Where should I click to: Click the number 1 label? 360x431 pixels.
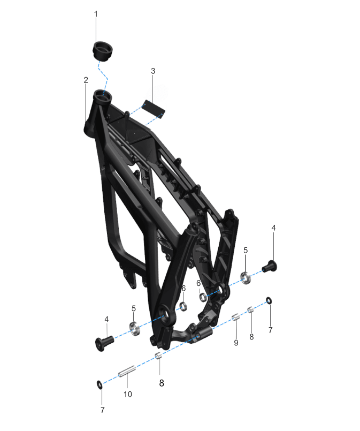[96, 14]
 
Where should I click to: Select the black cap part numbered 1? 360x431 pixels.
[102, 51]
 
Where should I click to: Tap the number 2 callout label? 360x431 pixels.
[86, 80]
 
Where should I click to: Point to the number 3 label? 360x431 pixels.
[153, 71]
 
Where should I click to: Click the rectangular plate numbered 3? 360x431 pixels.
[153, 109]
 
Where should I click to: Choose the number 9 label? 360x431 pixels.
[236, 343]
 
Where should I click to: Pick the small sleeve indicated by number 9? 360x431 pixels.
[236, 317]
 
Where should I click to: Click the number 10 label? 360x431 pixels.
[128, 394]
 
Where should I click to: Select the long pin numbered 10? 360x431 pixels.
[127, 372]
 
